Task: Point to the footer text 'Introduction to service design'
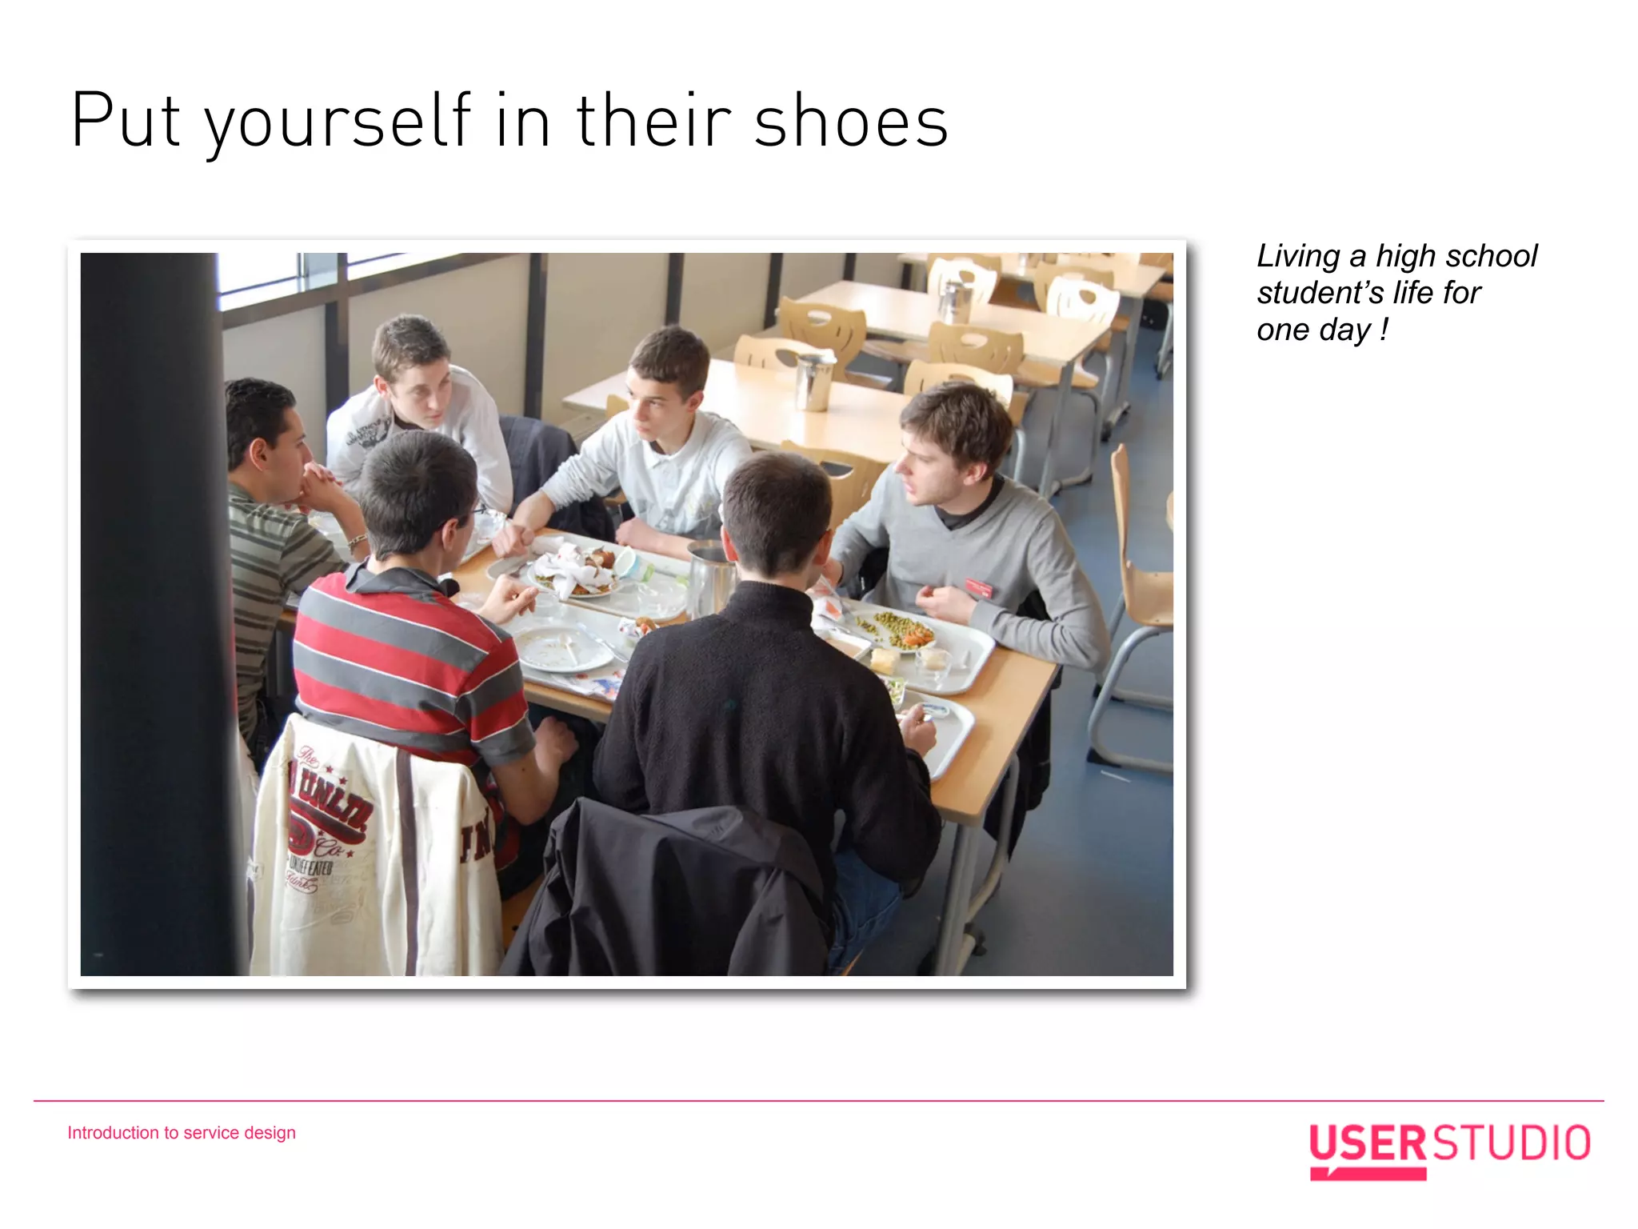tap(182, 1133)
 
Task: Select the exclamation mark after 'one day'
tap(1384, 330)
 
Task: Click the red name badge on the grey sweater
tap(979, 588)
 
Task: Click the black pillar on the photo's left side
tap(152, 608)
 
